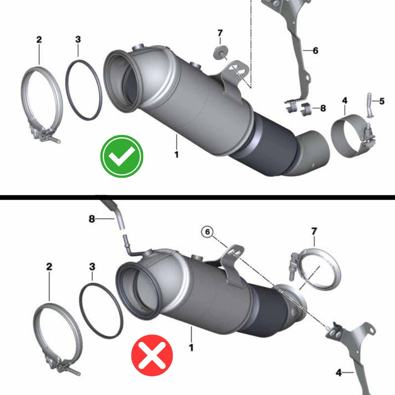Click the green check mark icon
click(121, 156)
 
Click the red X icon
click(152, 355)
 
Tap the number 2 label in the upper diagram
click(39, 39)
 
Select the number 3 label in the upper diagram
click(78, 39)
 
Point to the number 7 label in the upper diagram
click(220, 33)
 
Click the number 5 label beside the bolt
click(382, 101)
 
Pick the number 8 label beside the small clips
click(323, 108)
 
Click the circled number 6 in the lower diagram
click(207, 232)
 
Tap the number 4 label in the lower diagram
click(339, 372)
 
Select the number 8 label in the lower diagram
click(92, 219)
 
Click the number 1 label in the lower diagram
click(191, 348)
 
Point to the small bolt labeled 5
click(369, 105)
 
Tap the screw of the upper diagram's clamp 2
click(53, 138)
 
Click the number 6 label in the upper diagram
click(316, 51)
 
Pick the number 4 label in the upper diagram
click(344, 101)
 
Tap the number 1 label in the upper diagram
click(177, 154)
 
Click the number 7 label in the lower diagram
click(314, 231)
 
